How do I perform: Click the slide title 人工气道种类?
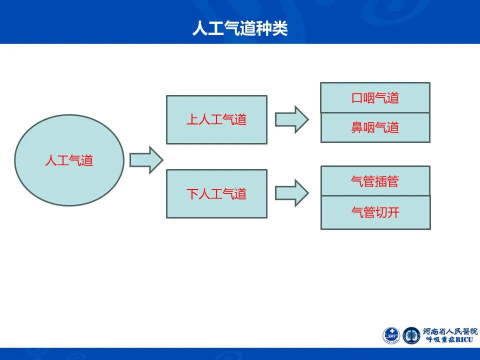pyautogui.click(x=240, y=28)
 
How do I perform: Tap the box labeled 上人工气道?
pyautogui.click(x=216, y=120)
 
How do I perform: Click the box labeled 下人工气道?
pyautogui.click(x=216, y=193)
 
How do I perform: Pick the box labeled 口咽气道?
pyautogui.click(x=375, y=97)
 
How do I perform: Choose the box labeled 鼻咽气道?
pyautogui.click(x=375, y=127)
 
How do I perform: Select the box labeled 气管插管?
pyautogui.click(x=375, y=181)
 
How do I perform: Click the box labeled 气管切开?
pyautogui.click(x=375, y=212)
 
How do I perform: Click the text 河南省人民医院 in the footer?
pyautogui.click(x=450, y=331)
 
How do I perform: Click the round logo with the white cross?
pyautogui.click(x=391, y=335)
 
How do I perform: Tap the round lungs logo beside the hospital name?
pyautogui.click(x=411, y=335)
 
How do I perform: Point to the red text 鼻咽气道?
pyautogui.click(x=375, y=127)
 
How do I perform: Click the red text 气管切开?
pyautogui.click(x=375, y=212)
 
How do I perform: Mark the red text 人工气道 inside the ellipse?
pyautogui.click(x=69, y=161)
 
